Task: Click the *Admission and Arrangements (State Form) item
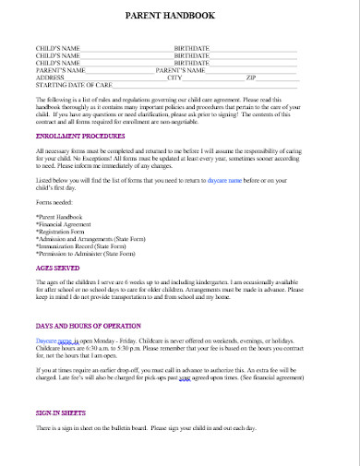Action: click(x=90, y=236)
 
